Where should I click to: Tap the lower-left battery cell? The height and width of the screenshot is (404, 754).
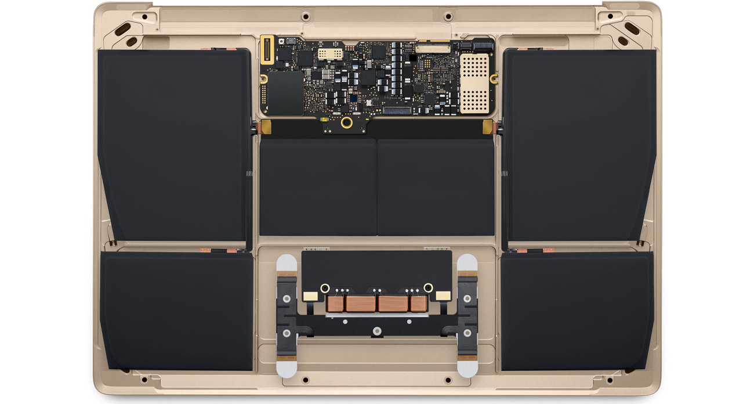(177, 310)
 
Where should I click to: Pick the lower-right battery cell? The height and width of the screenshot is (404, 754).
(577, 310)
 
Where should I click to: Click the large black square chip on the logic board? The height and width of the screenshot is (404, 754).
(287, 92)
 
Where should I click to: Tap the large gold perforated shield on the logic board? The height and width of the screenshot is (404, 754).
(476, 83)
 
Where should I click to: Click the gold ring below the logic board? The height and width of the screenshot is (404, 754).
(347, 122)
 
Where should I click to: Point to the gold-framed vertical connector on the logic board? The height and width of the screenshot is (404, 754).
(267, 49)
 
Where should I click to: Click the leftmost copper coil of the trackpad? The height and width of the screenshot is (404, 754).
(335, 303)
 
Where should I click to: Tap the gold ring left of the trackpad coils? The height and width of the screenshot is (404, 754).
(325, 287)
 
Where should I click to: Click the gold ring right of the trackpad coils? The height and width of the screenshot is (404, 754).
(428, 287)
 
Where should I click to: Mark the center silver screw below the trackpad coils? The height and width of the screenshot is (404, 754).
(377, 331)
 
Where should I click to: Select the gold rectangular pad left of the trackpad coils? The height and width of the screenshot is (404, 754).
(311, 295)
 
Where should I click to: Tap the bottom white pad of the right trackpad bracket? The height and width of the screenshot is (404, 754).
(466, 367)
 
